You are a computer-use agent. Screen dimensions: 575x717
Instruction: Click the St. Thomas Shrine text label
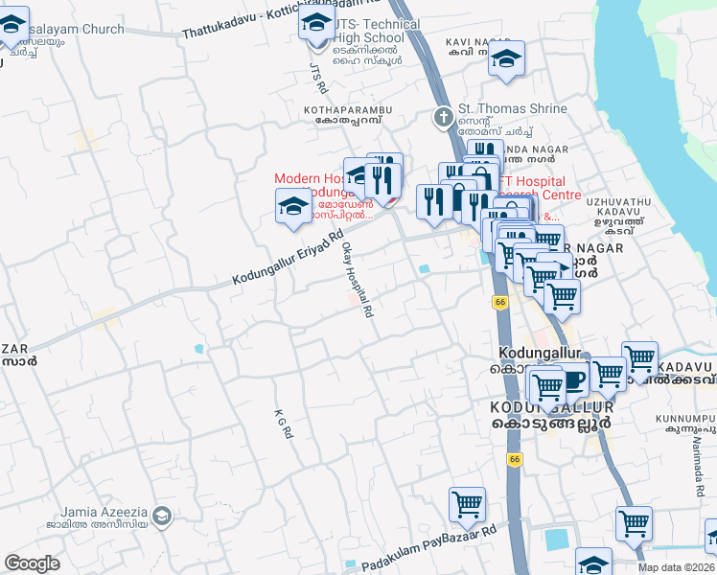click(x=513, y=109)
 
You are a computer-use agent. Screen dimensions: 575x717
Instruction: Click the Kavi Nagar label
click(x=477, y=42)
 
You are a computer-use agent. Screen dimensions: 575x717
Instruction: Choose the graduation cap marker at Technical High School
click(x=316, y=23)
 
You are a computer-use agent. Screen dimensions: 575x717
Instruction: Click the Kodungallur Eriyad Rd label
click(x=288, y=258)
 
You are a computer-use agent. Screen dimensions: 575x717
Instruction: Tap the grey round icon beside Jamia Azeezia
click(x=162, y=517)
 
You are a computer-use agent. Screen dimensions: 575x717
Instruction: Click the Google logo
click(x=33, y=563)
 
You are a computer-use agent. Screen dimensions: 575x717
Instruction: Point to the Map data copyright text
click(x=677, y=567)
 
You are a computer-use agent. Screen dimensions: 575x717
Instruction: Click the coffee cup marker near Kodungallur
click(x=573, y=379)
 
